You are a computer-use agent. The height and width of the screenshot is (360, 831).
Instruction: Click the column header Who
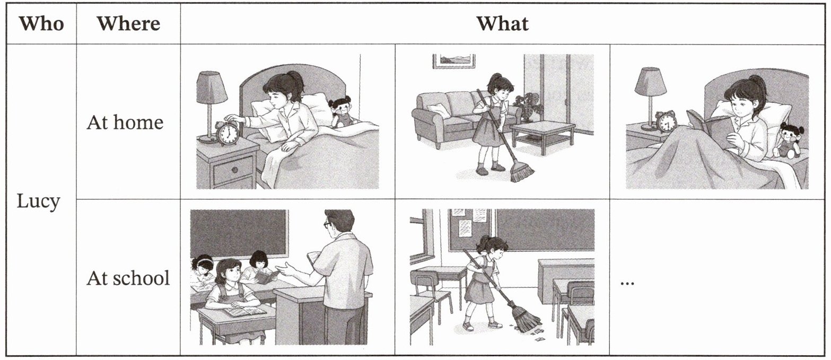tap(41, 24)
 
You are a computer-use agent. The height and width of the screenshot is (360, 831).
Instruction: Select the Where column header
tap(128, 24)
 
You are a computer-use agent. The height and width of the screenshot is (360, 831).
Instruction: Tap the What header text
tap(502, 24)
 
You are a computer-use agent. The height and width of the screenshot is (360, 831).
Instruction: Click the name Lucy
tap(38, 202)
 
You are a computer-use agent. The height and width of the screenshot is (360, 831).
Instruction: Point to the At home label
tap(125, 122)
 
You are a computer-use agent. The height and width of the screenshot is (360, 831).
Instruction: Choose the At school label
tap(128, 278)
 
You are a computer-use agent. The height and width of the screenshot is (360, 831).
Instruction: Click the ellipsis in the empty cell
tap(627, 284)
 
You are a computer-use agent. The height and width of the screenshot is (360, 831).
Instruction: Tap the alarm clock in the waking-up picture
tap(228, 133)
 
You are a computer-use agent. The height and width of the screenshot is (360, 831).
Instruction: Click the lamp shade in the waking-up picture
tap(212, 87)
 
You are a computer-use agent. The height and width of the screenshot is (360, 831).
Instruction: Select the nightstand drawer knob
tap(234, 170)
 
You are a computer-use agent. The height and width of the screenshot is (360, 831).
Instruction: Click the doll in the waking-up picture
tap(342, 111)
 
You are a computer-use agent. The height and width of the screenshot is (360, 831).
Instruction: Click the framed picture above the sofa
tap(454, 61)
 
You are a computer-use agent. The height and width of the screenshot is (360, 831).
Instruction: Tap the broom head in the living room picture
tap(522, 172)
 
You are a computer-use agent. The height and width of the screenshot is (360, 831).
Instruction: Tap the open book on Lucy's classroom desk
tap(246, 311)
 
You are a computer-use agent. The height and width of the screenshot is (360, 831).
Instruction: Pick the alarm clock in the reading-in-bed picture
tap(666, 121)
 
